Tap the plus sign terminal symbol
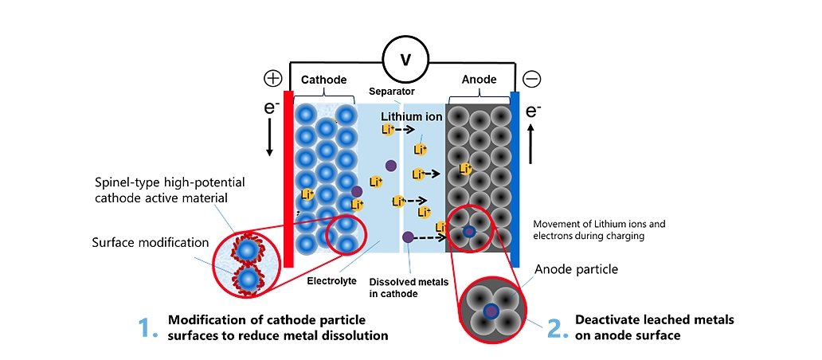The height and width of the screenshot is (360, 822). coord(273,79)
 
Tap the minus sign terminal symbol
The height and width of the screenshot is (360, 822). coord(532,79)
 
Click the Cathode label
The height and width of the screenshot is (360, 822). coord(324,80)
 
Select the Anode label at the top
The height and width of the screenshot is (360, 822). coord(479,80)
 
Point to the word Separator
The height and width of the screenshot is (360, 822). coord(391,92)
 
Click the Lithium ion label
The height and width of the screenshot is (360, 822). coord(411,117)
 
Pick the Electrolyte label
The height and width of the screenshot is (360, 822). coord(331,280)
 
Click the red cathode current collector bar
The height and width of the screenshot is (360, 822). coord(288,179)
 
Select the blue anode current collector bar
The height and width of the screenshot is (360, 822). coord(515,179)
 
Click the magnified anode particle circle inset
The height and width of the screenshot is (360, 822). coord(492,310)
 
